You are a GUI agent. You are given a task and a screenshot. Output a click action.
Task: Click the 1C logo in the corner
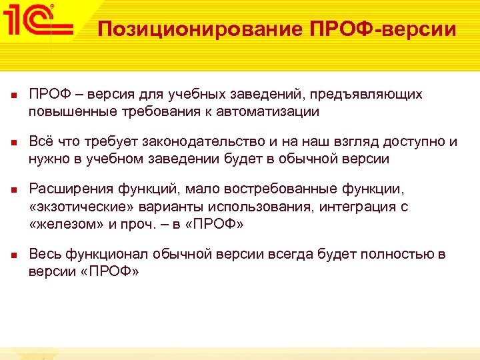click(x=36, y=21)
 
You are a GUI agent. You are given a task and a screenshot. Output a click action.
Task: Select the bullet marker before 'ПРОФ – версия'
click(x=14, y=95)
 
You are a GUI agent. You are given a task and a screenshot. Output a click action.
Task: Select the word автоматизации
click(x=269, y=111)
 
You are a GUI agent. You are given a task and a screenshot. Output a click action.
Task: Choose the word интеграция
click(x=357, y=207)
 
